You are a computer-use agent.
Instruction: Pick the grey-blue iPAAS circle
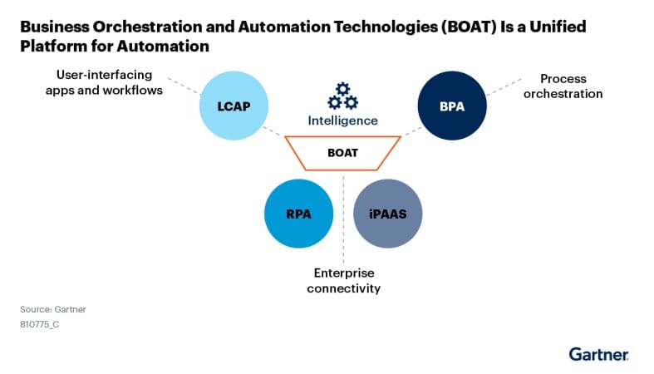pyautogui.click(x=388, y=213)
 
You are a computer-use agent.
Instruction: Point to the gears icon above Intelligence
pyautogui.click(x=342, y=96)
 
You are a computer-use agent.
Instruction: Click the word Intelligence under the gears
pyautogui.click(x=342, y=121)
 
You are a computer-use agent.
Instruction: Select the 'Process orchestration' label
pyautogui.click(x=563, y=86)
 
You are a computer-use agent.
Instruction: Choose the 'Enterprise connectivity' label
pyautogui.click(x=343, y=280)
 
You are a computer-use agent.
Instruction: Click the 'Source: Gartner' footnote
pyautogui.click(x=53, y=309)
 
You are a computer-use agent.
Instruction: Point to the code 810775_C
pyautogui.click(x=39, y=324)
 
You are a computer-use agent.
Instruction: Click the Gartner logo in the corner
pyautogui.click(x=598, y=354)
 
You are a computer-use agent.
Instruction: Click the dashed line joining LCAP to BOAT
pyautogui.click(x=273, y=131)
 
